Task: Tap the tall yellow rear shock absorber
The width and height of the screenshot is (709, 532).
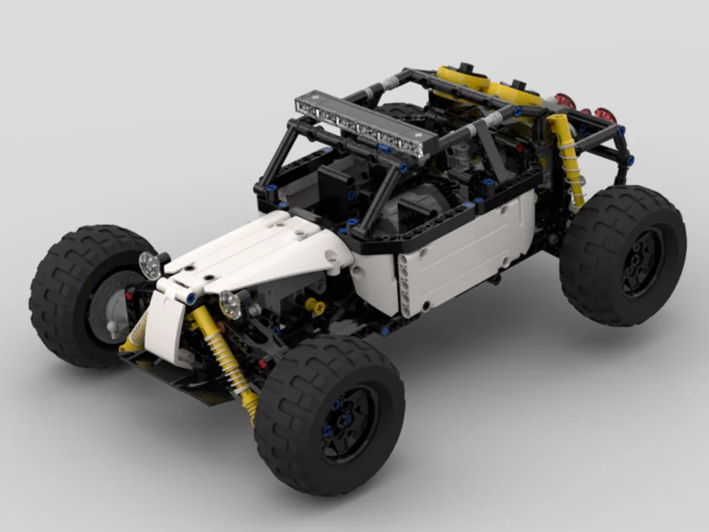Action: (567, 160)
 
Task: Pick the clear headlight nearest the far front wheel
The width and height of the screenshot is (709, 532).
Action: (150, 265)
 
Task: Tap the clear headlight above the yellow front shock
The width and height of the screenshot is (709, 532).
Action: (230, 304)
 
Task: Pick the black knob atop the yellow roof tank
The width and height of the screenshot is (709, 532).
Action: (465, 67)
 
